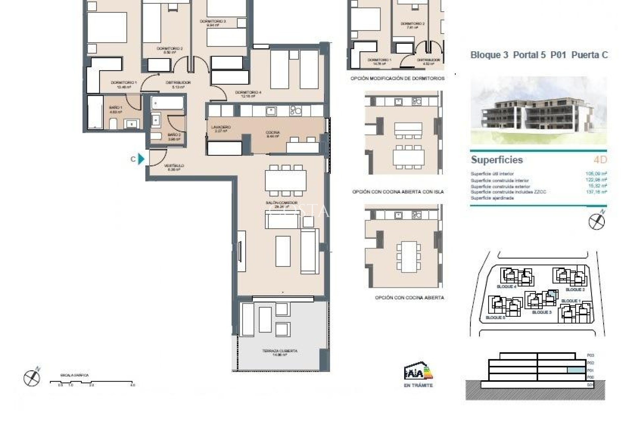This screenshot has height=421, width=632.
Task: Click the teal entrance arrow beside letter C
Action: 141,159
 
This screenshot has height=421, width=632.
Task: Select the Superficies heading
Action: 497,160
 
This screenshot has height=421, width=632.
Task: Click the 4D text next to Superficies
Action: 600,160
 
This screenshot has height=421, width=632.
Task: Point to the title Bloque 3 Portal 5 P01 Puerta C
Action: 539,55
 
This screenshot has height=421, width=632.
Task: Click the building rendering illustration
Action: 539,111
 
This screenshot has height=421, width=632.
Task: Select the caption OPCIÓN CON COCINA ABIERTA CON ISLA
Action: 398,191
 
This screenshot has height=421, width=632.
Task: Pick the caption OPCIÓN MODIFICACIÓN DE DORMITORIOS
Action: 397,79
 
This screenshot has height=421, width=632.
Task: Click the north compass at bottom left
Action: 32,377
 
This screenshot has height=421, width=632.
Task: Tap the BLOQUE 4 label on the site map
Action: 506,286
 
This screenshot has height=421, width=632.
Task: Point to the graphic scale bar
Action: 92,382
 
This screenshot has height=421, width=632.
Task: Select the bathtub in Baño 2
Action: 167,103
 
